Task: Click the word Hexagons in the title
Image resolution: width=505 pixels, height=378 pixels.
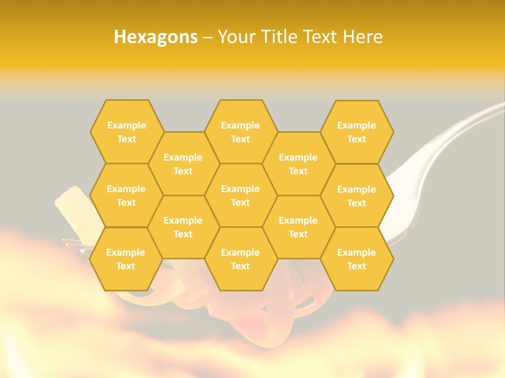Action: [156, 37]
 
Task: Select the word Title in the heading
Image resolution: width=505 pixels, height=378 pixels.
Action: [283, 37]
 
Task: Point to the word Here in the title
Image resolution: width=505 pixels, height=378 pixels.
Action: [362, 37]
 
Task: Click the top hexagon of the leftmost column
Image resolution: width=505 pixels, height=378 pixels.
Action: [126, 132]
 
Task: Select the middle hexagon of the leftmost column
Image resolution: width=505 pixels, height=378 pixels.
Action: [126, 195]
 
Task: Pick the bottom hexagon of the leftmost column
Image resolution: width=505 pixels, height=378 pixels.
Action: [125, 259]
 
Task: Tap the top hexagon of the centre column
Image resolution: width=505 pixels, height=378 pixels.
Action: [240, 132]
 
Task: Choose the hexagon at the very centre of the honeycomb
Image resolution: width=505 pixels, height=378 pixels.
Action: [240, 195]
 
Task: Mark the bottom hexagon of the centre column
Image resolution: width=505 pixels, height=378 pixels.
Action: [240, 259]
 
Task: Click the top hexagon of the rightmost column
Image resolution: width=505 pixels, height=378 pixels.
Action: [357, 132]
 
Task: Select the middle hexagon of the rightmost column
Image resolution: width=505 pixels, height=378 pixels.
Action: [357, 196]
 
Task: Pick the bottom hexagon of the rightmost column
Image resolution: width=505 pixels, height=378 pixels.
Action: [357, 259]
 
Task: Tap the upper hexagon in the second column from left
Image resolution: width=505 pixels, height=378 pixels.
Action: [183, 164]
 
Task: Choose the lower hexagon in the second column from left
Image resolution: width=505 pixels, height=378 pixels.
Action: [183, 227]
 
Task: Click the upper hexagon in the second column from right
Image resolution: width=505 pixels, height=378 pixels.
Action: [298, 164]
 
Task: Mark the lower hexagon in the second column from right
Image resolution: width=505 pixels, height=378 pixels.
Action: [298, 227]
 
